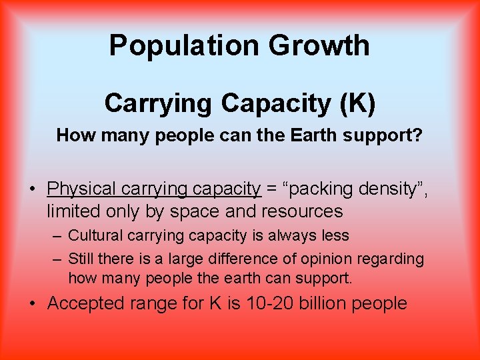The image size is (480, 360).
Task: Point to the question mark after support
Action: tap(418, 135)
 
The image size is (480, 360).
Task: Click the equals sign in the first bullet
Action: tap(272, 189)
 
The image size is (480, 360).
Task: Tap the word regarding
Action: tap(391, 258)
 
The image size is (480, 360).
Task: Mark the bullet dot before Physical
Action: tap(33, 189)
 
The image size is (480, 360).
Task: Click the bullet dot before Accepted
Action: tap(33, 303)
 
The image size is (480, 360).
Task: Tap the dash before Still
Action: tap(58, 258)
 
